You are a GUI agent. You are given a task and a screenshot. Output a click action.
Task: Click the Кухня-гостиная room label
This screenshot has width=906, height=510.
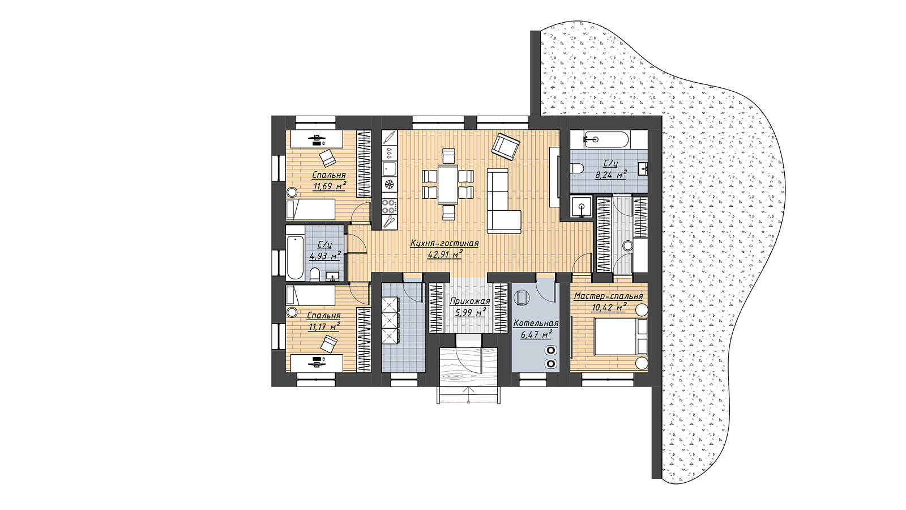click(444, 244)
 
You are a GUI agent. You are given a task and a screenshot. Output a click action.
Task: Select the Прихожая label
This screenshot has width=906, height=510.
click(470, 301)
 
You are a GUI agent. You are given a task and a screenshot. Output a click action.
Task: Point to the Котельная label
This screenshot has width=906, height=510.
click(536, 324)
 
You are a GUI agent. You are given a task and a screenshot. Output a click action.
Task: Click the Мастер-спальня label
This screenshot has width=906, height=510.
click(608, 296)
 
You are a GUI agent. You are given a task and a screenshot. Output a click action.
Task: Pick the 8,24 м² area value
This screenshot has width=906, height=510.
click(610, 175)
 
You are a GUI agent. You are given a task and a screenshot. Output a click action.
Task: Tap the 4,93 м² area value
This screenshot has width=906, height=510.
click(325, 256)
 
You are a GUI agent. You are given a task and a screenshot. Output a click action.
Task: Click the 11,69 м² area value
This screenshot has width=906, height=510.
click(330, 186)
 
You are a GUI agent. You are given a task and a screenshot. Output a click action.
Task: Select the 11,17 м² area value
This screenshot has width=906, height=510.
click(323, 326)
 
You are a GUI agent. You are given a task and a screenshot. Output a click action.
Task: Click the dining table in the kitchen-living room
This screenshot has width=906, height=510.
click(448, 184)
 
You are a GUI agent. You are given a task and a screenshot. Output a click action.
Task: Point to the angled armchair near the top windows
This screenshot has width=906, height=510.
click(505, 146)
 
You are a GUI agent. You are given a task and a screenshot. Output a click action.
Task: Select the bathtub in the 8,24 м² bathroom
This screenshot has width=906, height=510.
click(606, 139)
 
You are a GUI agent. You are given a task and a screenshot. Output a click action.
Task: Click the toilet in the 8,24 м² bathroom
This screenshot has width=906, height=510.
click(576, 168)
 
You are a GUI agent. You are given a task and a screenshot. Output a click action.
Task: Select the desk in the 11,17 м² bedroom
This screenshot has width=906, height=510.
click(317, 363)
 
